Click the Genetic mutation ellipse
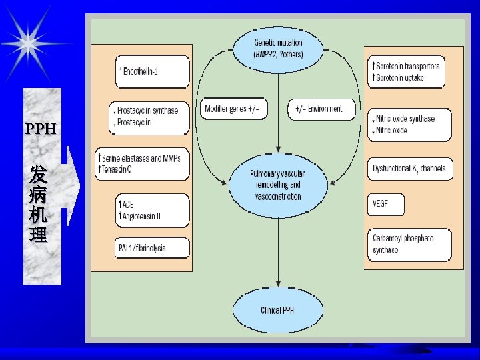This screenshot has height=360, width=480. coord(277,48)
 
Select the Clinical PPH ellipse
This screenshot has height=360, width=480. coord(277,310)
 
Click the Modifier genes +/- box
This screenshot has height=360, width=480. coord(233,109)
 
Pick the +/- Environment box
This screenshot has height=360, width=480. coord(321,109)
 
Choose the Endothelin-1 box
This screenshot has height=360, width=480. coord(153,72)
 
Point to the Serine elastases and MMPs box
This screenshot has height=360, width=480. coord(143,164)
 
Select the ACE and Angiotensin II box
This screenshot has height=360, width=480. coord(152,210)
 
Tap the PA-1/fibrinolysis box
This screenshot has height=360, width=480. coord(152,248)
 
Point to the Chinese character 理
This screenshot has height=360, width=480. coord(38,235)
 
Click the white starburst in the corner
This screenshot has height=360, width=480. coord(28,43)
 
